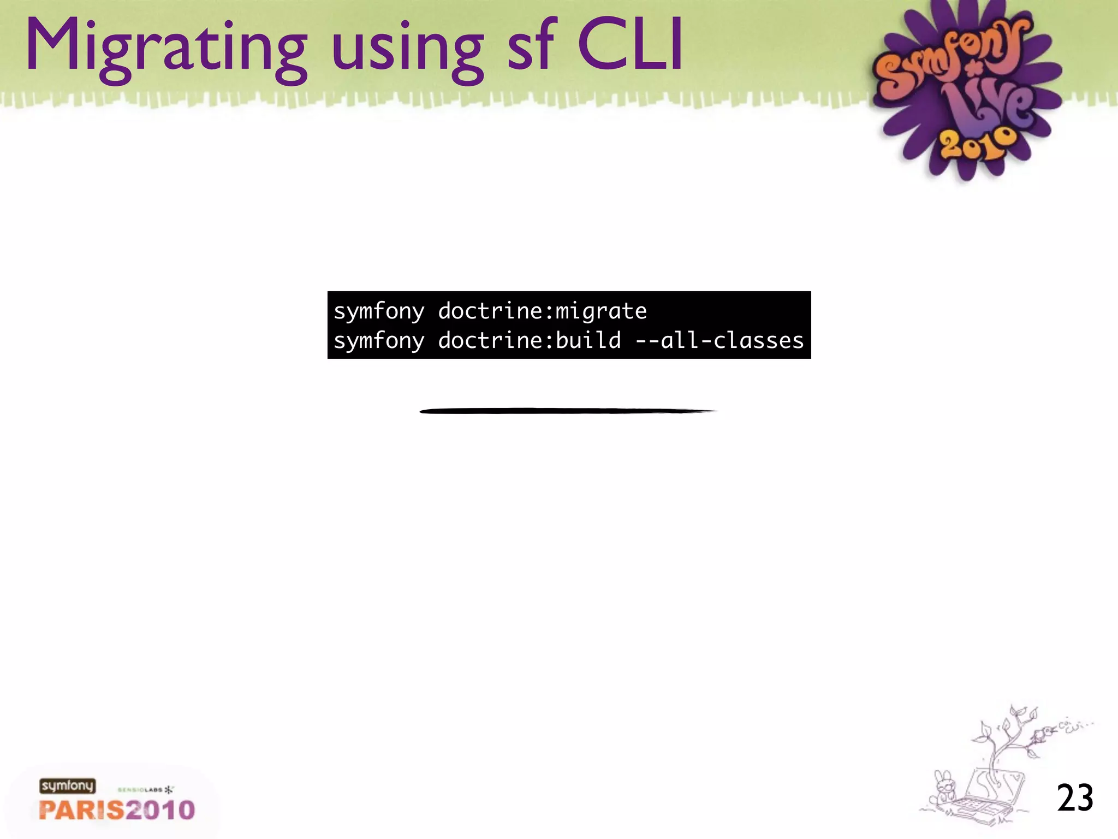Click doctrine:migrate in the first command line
tap(542, 311)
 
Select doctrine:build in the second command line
tap(530, 341)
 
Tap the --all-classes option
tap(719, 341)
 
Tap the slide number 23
tap(1075, 798)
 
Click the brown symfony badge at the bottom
tap(67, 785)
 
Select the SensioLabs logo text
tap(145, 790)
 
